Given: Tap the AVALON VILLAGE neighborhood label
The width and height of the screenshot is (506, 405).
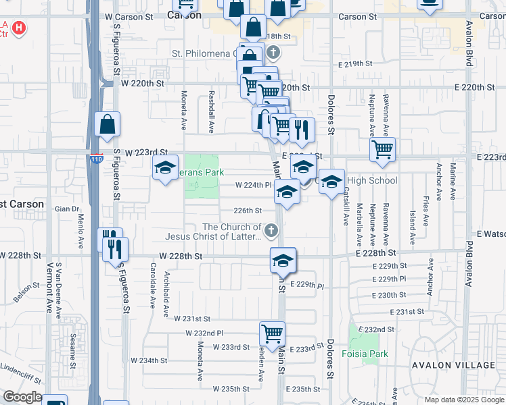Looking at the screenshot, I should tap(453, 365).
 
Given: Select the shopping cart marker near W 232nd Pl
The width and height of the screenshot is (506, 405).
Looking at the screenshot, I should tap(272, 333).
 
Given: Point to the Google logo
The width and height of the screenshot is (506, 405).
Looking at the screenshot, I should tap(22, 397).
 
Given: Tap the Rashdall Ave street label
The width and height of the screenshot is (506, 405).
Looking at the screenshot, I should tap(212, 112).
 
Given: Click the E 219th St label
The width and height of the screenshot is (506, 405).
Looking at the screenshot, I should tap(355, 64).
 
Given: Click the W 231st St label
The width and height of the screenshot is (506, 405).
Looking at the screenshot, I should tap(192, 319).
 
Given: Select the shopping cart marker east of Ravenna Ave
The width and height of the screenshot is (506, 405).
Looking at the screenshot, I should tap(383, 149).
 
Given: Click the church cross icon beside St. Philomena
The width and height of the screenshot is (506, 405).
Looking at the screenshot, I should tap(273, 52).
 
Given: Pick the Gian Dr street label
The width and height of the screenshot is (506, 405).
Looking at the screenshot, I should tap(67, 209).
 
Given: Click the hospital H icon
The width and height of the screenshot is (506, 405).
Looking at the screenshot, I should tap(20, 28).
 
